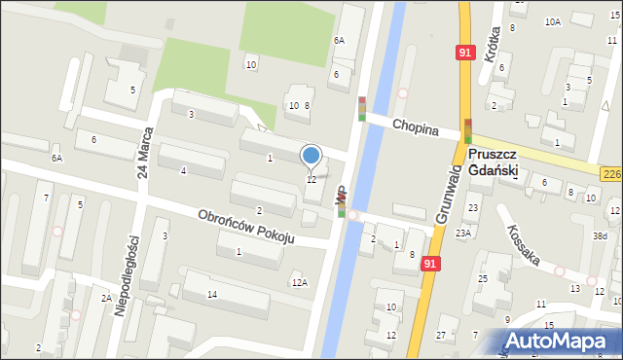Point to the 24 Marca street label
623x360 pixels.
coord(145,156)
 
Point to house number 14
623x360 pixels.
coord(211,294)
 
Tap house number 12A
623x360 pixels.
coord(299,282)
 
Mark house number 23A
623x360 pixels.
coord(461,233)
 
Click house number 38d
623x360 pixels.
coord(601,235)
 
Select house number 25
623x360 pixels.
coord(482,279)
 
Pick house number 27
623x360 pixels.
coord(441,335)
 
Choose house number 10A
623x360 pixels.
coord(552,21)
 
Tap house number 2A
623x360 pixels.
coord(105,299)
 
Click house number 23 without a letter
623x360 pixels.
coord(473,207)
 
